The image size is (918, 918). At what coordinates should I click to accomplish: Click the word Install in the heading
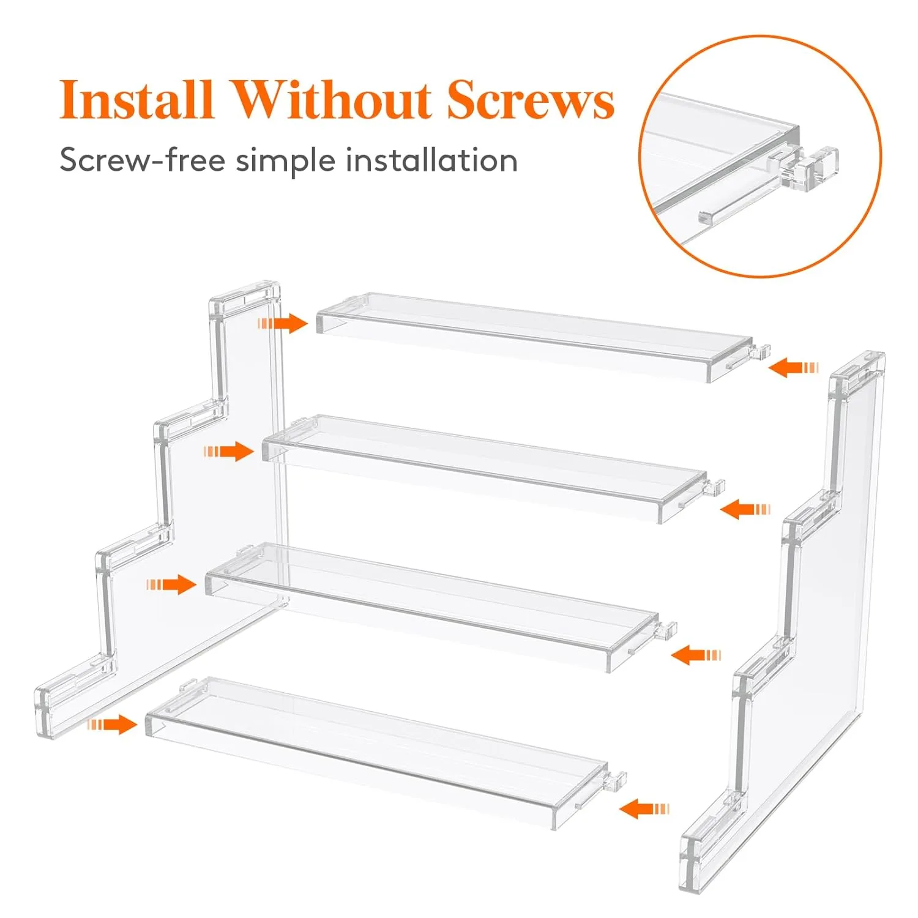(x=136, y=99)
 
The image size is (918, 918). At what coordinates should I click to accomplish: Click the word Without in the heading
(x=331, y=99)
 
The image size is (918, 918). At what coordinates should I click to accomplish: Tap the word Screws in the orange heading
(x=530, y=99)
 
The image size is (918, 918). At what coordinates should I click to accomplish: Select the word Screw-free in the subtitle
(x=142, y=161)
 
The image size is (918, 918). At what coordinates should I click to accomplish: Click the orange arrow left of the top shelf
(x=282, y=323)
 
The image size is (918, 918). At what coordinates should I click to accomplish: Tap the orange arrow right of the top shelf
(x=793, y=368)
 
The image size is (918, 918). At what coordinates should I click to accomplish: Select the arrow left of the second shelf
(x=228, y=452)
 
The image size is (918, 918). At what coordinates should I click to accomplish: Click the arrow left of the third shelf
(x=171, y=584)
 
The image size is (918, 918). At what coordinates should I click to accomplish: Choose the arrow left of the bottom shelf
(x=111, y=725)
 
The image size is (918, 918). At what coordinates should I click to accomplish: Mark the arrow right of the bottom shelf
(x=644, y=809)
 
